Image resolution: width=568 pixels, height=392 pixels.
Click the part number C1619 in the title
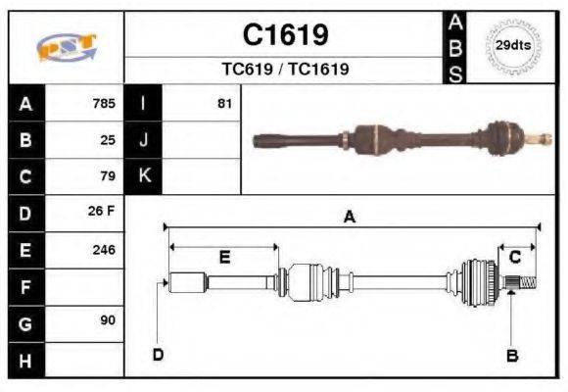(285, 35)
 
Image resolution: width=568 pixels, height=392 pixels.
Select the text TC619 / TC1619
(285, 70)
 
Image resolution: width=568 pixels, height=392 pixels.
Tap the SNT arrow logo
(66, 48)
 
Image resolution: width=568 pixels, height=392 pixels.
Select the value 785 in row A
(104, 103)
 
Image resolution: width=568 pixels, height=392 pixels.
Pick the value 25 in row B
(108, 139)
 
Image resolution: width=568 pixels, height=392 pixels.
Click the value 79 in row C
(108, 176)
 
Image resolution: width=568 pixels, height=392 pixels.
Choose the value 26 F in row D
(103, 213)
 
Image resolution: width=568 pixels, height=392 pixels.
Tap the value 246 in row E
(104, 250)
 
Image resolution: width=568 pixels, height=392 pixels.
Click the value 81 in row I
(224, 103)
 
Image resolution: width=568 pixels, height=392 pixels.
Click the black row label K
(144, 176)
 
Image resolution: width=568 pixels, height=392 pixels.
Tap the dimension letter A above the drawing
(349, 218)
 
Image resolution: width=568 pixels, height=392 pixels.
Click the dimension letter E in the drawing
(224, 257)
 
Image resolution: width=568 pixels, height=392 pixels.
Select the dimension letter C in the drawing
(514, 257)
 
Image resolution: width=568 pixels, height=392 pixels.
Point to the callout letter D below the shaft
(157, 354)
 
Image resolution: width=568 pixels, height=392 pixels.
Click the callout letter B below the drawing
(511, 356)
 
